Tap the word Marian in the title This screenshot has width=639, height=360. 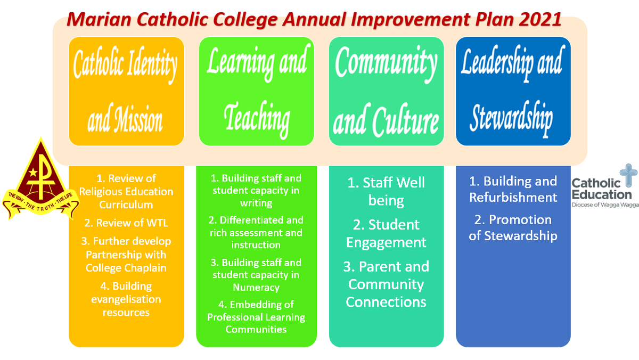tap(99, 19)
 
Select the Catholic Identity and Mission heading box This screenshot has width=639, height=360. tap(126, 91)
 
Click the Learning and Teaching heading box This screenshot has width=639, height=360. tap(257, 91)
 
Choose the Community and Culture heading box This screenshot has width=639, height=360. tap(386, 91)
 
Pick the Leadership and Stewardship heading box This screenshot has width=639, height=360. tap(513, 91)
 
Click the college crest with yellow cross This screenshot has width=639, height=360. tap(40, 179)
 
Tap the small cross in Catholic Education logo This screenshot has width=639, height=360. tap(628, 175)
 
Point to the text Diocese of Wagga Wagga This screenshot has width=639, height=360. tap(605, 205)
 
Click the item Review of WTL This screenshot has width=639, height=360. tap(126, 223)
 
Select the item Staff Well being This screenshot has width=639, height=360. tap(386, 191)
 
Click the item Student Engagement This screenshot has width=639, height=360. tap(386, 233)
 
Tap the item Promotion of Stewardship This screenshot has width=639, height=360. tap(513, 227)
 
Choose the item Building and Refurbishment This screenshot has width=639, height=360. tap(513, 189)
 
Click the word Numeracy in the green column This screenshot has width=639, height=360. tap(256, 287)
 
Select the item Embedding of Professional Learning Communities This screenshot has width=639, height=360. tap(256, 317)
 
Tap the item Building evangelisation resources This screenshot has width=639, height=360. tap(126, 299)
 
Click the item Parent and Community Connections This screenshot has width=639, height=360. tap(386, 284)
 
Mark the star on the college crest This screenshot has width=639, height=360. tap(33, 172)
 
